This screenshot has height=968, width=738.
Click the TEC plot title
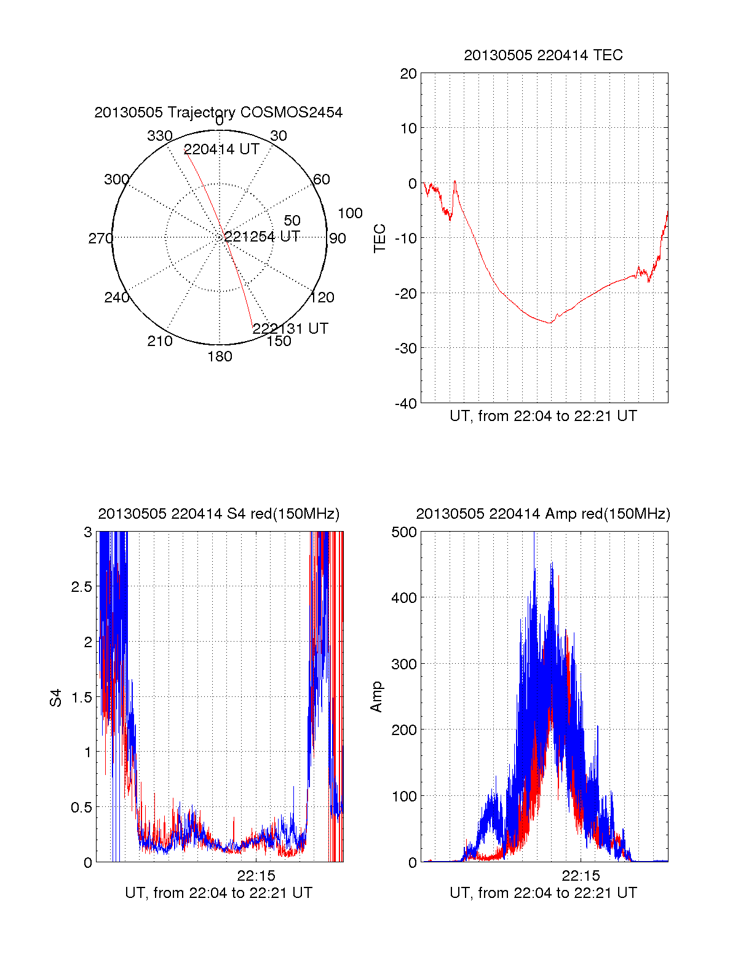[x=543, y=55]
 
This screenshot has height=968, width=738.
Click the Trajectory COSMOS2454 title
[x=218, y=112]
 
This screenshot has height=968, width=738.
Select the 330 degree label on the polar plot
[x=160, y=136]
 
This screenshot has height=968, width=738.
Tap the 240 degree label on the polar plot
[x=117, y=297]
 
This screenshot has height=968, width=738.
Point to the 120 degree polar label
[x=322, y=297]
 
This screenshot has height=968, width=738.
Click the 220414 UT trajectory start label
[x=221, y=149]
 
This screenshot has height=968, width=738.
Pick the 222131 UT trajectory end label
[x=290, y=328]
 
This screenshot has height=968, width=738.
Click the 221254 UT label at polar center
[x=261, y=237]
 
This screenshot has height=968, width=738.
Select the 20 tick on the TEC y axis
[x=408, y=74]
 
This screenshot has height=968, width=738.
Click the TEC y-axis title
[x=380, y=238]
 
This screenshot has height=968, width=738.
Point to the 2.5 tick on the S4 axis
[x=81, y=587]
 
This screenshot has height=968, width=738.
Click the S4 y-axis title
[x=56, y=698]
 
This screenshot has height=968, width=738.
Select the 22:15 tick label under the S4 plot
[x=256, y=875]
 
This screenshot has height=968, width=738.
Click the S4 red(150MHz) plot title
[x=218, y=514]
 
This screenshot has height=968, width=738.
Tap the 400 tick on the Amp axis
[x=404, y=597]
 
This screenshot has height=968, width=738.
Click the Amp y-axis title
[x=376, y=696]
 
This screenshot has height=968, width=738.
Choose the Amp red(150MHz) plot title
[x=543, y=514]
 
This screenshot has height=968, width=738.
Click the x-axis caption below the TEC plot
[x=543, y=416]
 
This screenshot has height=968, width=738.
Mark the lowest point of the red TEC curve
[x=550, y=323]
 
